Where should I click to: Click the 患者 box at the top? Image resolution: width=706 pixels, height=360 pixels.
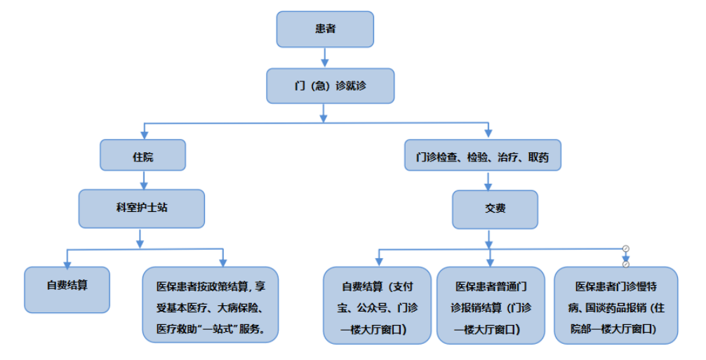(324, 29)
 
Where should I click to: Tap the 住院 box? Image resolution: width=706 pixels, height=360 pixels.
(143, 156)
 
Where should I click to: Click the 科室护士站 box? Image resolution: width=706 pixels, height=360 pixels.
(142, 208)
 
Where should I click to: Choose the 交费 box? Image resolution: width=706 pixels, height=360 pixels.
(495, 208)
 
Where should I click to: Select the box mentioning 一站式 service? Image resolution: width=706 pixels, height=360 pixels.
(211, 305)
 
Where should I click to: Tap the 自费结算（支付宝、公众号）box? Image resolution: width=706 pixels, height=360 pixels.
(378, 305)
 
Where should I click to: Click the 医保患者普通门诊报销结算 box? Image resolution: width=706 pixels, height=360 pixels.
(491, 305)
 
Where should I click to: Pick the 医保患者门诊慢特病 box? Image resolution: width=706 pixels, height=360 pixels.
(616, 305)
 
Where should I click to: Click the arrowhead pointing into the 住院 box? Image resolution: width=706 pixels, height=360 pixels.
(143, 133)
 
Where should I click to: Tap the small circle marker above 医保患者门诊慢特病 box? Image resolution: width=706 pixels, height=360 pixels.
(625, 248)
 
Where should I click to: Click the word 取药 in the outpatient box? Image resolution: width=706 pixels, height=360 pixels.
(538, 158)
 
